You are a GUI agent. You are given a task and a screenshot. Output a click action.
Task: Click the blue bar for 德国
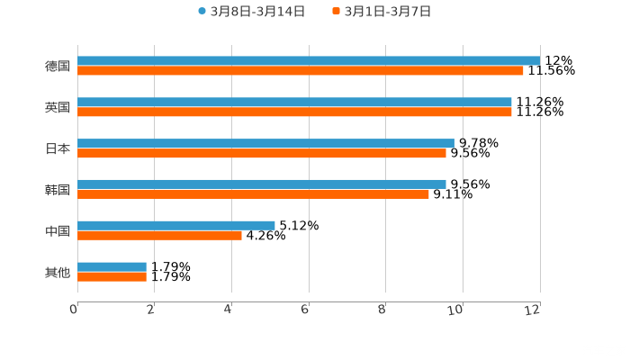point(309,61)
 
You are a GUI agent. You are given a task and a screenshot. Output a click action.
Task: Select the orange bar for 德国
point(301,71)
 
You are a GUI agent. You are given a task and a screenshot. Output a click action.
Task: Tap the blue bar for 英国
point(294,103)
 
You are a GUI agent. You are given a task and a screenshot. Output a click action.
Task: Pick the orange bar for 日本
point(262,154)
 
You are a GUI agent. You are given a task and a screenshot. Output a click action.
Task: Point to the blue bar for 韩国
point(262,184)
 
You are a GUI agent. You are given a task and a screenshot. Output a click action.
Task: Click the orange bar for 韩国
point(253,194)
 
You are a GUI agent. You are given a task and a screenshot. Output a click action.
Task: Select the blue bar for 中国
point(176,226)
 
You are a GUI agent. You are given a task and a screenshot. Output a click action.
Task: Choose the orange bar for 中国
point(159,236)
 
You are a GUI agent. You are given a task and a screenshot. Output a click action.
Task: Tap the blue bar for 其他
point(112,266)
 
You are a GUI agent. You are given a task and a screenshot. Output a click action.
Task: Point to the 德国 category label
point(58,66)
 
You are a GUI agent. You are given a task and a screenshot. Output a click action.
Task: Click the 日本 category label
point(58,148)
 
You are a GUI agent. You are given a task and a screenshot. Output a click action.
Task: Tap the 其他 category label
point(58,272)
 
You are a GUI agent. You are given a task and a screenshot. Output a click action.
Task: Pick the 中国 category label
point(58,231)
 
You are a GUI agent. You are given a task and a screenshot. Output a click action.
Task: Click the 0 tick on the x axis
point(75,310)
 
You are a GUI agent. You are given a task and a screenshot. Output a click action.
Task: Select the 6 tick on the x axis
point(306,310)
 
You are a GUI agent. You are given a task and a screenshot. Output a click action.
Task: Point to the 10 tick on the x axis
point(459,310)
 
